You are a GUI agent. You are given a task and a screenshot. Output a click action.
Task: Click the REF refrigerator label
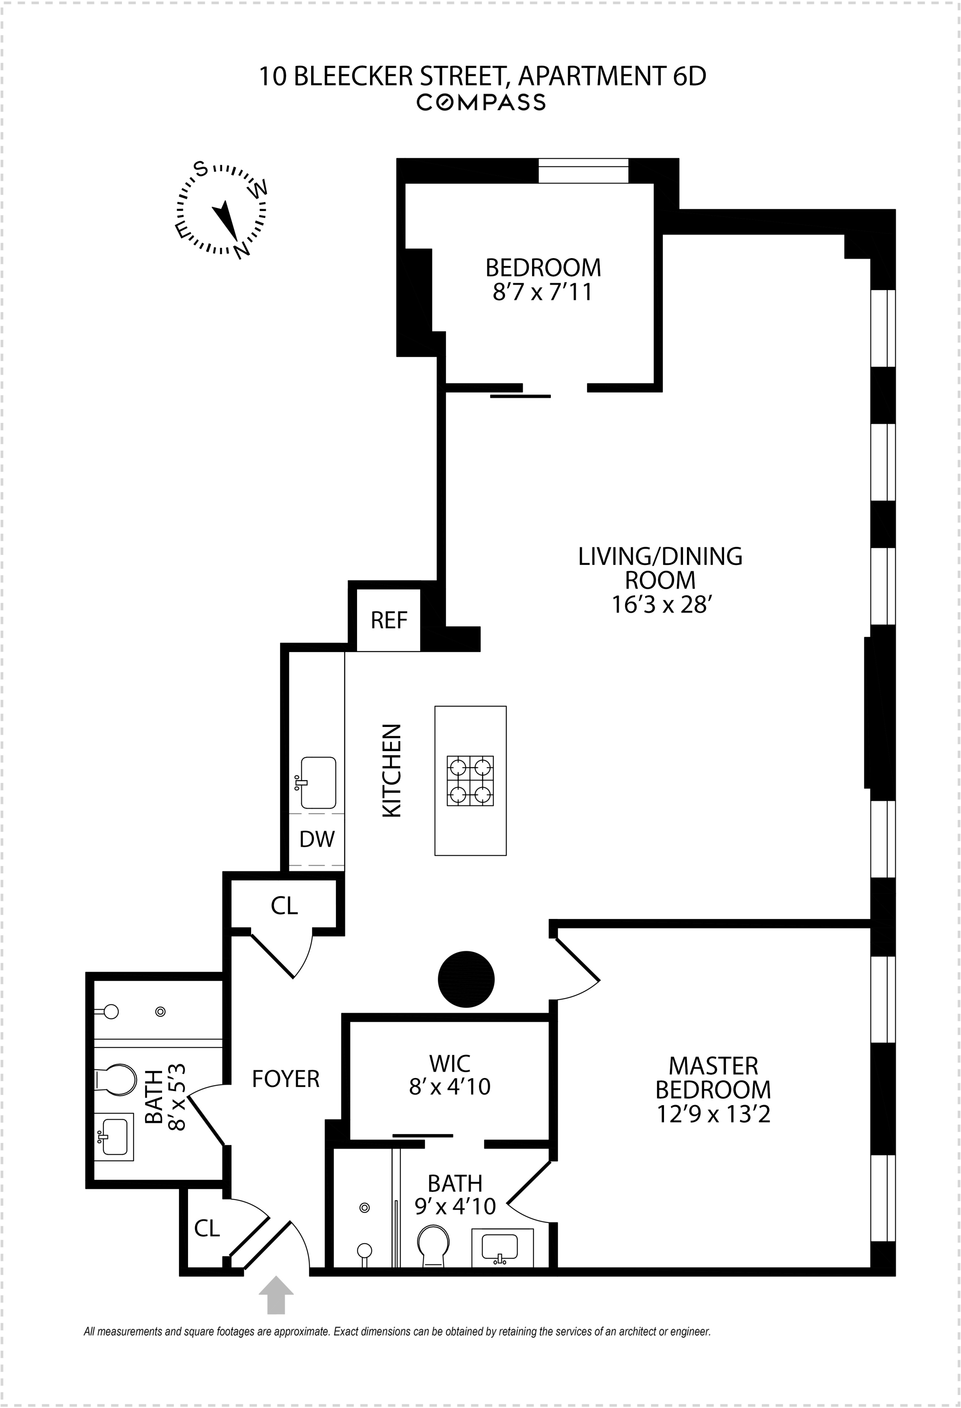(389, 620)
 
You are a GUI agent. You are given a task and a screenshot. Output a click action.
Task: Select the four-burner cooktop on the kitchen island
(470, 780)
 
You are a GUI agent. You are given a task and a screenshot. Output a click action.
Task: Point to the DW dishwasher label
(317, 839)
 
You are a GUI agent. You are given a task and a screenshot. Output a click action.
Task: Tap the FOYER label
(285, 1079)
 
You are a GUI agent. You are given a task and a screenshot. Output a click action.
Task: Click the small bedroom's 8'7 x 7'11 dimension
(542, 292)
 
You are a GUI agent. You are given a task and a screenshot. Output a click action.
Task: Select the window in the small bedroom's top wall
(583, 171)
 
